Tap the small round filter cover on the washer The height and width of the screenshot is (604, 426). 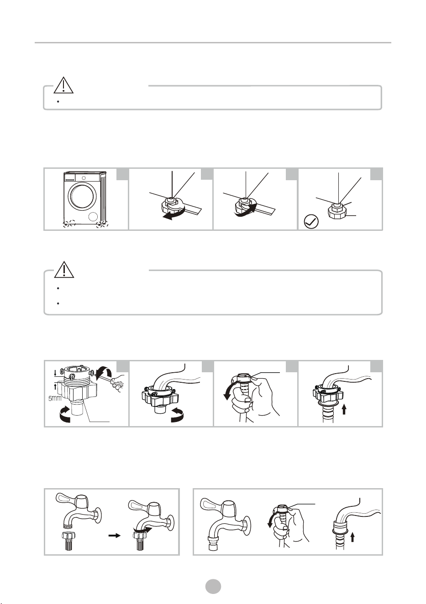point(93,217)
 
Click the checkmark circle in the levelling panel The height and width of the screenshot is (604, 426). point(311,222)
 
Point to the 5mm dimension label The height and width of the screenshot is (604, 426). point(55,398)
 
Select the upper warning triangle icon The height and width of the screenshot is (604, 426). point(63,85)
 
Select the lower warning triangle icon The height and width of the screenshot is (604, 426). point(64,269)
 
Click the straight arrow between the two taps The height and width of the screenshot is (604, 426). point(114,536)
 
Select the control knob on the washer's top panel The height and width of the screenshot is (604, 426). point(84,178)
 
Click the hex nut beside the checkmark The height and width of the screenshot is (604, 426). point(337,211)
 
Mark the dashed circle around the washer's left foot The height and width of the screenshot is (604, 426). point(69,223)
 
